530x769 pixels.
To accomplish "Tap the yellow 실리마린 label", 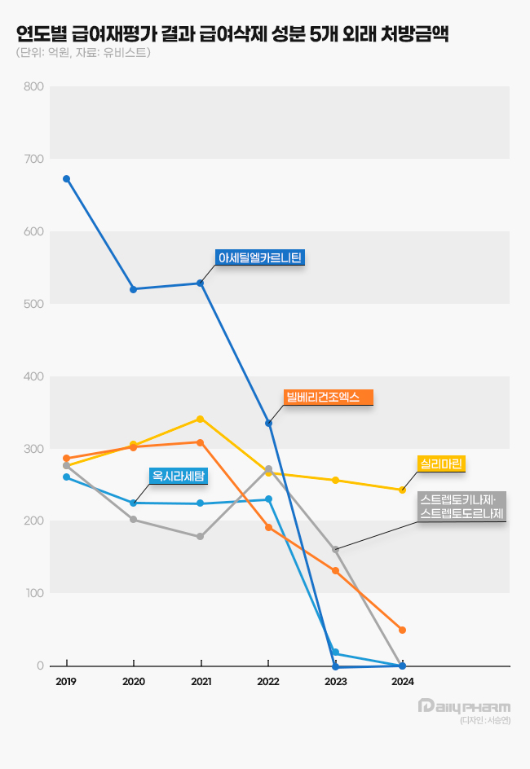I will (x=441, y=464).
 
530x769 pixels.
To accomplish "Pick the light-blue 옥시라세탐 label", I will (x=179, y=475).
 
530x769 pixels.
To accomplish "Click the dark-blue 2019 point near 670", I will (x=66, y=178).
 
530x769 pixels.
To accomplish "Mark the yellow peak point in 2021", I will (x=201, y=419).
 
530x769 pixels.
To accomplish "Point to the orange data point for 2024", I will (x=402, y=630).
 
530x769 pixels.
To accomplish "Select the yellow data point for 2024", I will (x=402, y=490).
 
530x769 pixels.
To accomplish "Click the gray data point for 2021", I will (x=201, y=536).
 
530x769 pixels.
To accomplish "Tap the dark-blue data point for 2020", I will (x=133, y=289).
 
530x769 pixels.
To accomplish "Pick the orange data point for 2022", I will (x=268, y=527).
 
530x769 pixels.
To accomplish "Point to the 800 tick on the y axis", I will (x=33, y=86).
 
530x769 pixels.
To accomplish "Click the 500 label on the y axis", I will (x=33, y=304).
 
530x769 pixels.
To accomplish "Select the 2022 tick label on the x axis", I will (x=268, y=681).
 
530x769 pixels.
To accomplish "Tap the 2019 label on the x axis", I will (x=66, y=681).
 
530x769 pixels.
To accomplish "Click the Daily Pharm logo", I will (x=464, y=705).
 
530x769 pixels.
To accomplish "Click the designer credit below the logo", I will (x=484, y=721).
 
